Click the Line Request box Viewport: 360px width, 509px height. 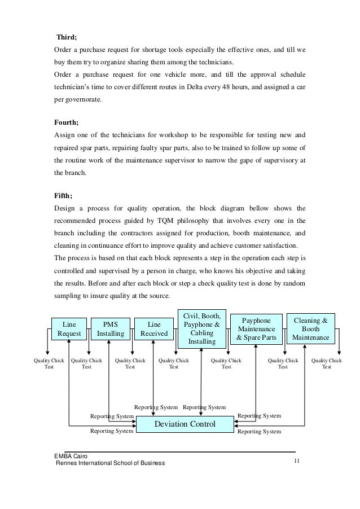68,330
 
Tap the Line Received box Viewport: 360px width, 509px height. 153,330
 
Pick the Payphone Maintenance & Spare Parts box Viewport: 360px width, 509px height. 257,329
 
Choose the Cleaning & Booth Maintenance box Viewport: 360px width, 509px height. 312,329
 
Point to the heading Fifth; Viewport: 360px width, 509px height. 63,196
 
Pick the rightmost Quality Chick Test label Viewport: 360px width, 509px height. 326,363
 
